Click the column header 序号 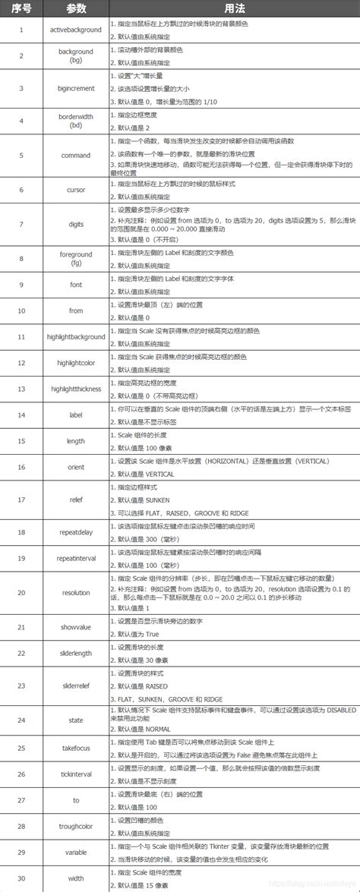[21, 8]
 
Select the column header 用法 [233, 8]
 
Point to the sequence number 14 [21, 414]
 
